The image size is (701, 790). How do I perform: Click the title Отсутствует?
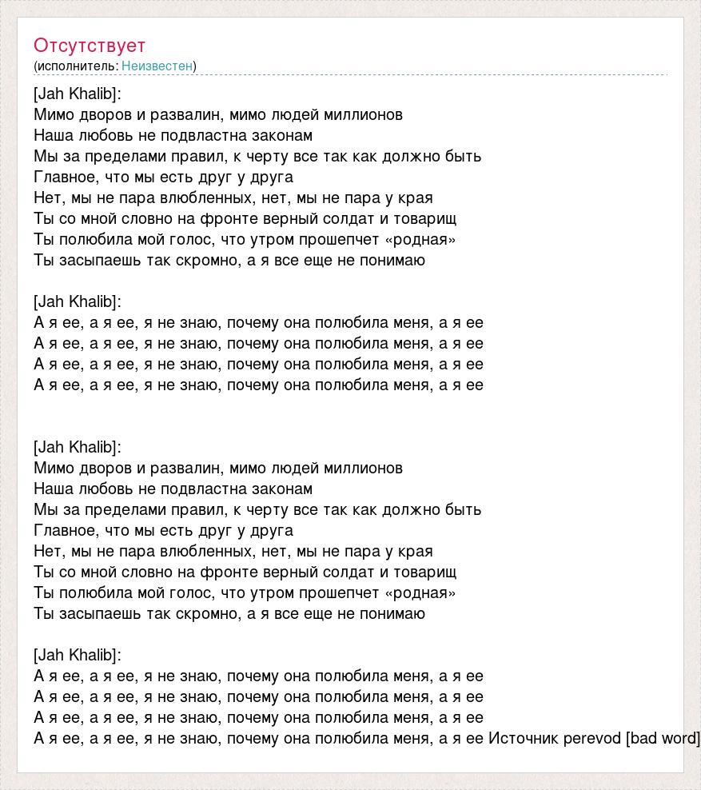[x=90, y=46]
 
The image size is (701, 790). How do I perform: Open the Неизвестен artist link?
[x=157, y=66]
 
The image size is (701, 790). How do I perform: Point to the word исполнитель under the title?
[x=76, y=66]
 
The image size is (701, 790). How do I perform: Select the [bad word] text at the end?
[x=663, y=738]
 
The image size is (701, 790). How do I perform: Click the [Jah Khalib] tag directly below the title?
[x=78, y=94]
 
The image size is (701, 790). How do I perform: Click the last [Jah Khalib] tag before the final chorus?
[x=78, y=655]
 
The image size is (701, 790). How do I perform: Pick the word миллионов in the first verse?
[x=365, y=114]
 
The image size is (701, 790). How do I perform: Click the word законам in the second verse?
[x=284, y=489]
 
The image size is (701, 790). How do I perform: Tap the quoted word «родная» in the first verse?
[x=420, y=239]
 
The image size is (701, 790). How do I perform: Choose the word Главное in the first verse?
[x=64, y=177]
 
